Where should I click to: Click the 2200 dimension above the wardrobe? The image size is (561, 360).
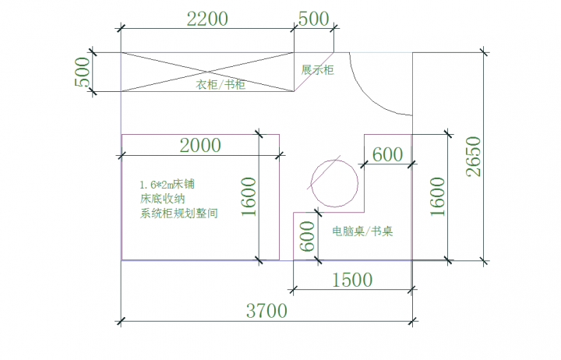207,19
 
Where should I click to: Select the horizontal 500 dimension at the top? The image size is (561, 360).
313,19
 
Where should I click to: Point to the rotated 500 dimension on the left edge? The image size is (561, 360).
82,72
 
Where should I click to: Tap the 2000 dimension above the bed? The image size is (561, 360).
200,144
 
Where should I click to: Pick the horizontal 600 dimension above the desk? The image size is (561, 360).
387,154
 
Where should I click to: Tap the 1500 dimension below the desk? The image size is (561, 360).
351,279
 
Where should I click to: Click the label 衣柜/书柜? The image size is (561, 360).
221,85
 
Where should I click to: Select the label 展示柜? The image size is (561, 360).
317,70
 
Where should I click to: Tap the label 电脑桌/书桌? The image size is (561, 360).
362,231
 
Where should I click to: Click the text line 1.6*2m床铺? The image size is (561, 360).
168,185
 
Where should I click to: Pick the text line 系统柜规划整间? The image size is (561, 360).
178,212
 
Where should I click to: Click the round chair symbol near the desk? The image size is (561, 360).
334,182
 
